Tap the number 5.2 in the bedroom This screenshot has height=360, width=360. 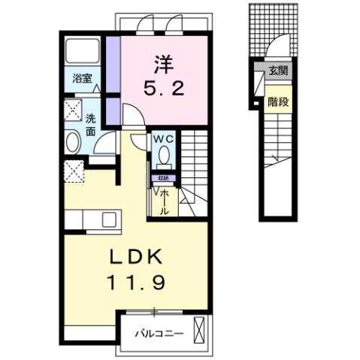[x=164, y=88]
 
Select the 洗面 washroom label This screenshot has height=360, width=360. [x=89, y=124]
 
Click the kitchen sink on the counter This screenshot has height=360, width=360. [x=108, y=219]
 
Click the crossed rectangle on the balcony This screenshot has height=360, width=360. [x=199, y=330]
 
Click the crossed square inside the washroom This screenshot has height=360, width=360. [x=74, y=109]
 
